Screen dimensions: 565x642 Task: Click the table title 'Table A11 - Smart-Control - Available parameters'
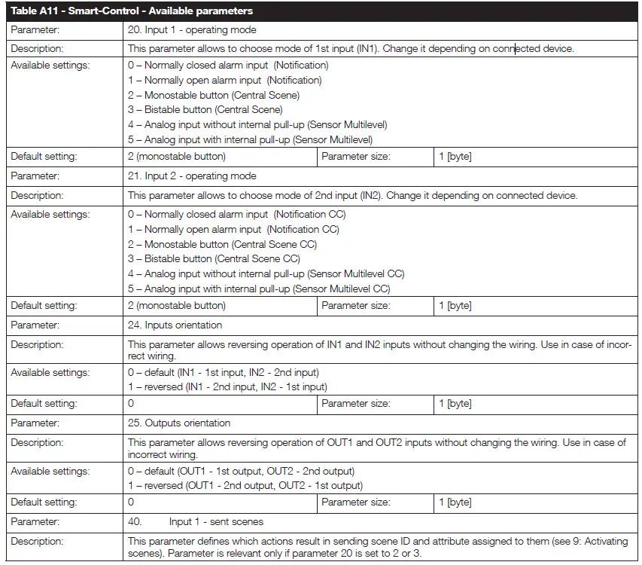coord(132,11)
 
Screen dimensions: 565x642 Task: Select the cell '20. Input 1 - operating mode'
coord(192,30)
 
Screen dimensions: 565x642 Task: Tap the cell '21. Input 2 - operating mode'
coord(192,176)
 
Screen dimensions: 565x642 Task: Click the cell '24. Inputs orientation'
coord(175,325)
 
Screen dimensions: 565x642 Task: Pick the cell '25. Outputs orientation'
coord(179,423)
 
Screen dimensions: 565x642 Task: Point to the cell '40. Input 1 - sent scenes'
coord(196,521)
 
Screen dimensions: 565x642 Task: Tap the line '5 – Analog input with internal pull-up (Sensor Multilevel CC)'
coord(259,289)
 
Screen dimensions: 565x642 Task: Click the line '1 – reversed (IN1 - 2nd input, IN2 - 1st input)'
coord(227,386)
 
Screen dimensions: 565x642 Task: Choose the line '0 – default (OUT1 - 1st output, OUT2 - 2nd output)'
coord(245,471)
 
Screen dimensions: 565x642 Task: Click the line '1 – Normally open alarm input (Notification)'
coord(224,80)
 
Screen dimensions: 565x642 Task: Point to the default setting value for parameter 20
coord(176,157)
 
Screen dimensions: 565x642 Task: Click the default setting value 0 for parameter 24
coord(131,403)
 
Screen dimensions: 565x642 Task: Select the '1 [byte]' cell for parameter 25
coord(455,502)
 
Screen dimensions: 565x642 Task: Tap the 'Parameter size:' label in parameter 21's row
coord(355,305)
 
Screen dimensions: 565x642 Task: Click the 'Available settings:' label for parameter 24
coord(50,372)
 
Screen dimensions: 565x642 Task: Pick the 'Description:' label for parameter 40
coord(37,541)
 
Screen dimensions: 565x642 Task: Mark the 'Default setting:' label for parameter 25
coord(44,502)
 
